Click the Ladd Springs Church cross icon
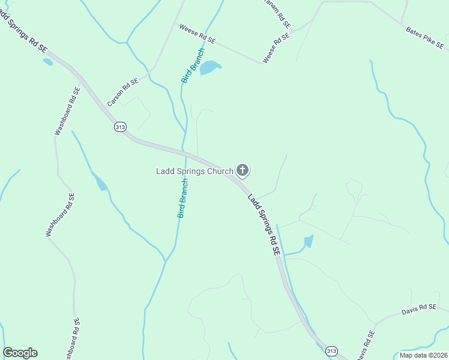click(x=243, y=171)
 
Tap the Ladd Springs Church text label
click(x=194, y=172)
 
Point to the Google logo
click(x=20, y=353)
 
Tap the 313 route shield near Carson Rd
click(x=120, y=127)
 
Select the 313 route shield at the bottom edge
click(x=331, y=350)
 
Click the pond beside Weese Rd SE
click(x=209, y=68)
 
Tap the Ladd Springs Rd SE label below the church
click(x=265, y=226)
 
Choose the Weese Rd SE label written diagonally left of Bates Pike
click(x=276, y=48)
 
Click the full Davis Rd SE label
click(x=418, y=310)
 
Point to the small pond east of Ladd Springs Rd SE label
click(x=309, y=242)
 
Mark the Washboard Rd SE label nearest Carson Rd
click(x=68, y=111)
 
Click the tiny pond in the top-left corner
click(x=47, y=61)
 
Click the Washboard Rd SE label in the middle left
click(x=61, y=215)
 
